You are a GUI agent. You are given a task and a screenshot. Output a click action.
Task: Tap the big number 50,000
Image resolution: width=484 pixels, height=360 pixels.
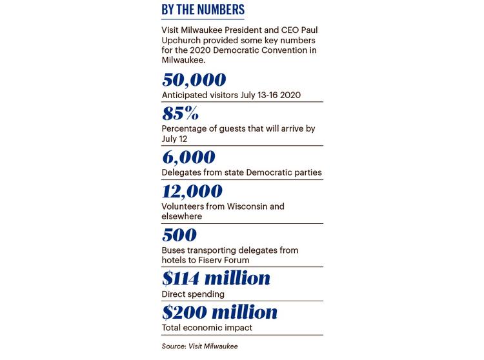click(x=194, y=81)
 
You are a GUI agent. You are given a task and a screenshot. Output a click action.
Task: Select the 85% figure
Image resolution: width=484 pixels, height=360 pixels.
click(x=180, y=114)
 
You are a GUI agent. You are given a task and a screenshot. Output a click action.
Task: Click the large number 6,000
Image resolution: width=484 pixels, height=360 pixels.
click(x=189, y=157)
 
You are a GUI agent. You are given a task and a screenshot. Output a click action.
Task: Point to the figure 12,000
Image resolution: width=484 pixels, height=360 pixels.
click(x=192, y=192)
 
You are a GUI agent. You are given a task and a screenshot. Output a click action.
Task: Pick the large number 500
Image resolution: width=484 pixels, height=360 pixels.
click(x=179, y=235)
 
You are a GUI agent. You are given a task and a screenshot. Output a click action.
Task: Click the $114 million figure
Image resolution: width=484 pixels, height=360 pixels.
click(x=216, y=279)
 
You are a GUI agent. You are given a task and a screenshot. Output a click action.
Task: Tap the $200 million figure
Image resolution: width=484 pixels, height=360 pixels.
click(x=219, y=314)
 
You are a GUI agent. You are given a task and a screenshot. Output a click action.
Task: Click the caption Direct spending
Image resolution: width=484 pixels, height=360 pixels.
click(x=193, y=294)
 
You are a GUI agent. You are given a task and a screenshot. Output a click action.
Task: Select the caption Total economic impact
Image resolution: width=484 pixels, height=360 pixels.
click(x=207, y=328)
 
